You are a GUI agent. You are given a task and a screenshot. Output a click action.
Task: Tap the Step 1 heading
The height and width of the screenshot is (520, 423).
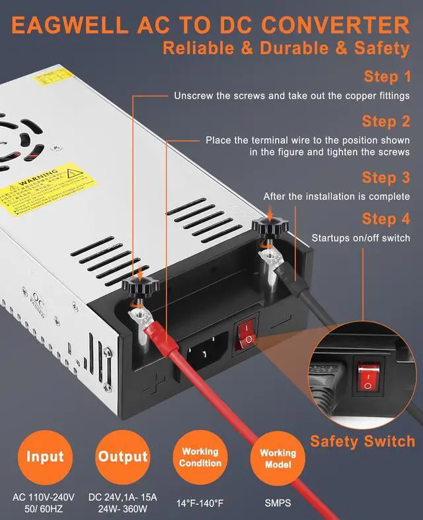point(386,77)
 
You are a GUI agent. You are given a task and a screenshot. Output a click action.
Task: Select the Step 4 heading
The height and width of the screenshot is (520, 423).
point(386,218)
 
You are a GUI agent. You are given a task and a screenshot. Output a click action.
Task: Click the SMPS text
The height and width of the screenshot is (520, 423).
point(278,504)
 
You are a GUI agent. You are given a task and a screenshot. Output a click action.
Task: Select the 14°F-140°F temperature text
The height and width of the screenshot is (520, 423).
point(200,504)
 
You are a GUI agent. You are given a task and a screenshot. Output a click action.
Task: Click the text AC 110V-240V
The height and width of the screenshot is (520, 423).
point(45,496)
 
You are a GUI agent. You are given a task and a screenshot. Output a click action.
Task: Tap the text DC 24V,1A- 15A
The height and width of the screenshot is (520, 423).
point(123,496)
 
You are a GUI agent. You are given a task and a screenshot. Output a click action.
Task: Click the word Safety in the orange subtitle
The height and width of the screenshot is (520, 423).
point(377,48)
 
